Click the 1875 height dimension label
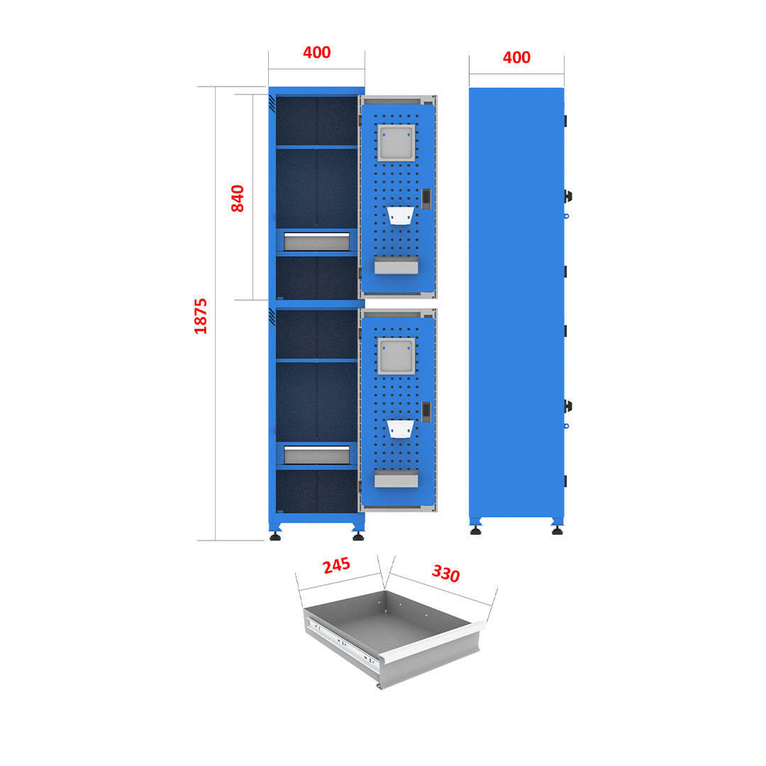pyautogui.click(x=201, y=316)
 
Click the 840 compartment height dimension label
pyautogui.click(x=238, y=198)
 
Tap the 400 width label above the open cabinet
pyautogui.click(x=316, y=52)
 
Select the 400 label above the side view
pyautogui.click(x=516, y=57)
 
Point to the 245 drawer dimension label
pyautogui.click(x=336, y=566)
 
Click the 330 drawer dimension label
pyautogui.click(x=445, y=573)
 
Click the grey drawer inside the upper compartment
pyautogui.click(x=316, y=240)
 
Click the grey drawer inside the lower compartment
pyautogui.click(x=316, y=454)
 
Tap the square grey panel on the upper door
pyautogui.click(x=396, y=143)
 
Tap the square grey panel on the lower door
pyautogui.click(x=396, y=356)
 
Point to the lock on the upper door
pyautogui.click(x=426, y=199)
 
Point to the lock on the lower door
pyautogui.click(x=426, y=411)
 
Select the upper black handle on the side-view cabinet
pyautogui.click(x=567, y=196)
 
